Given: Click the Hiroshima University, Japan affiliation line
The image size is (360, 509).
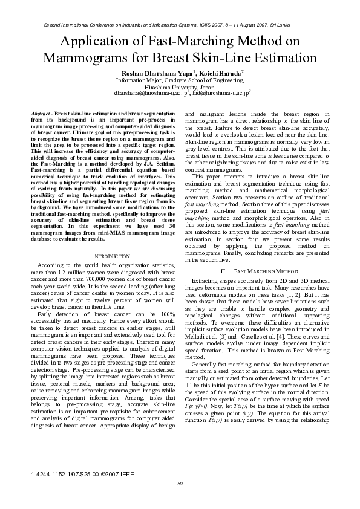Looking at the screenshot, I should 180,86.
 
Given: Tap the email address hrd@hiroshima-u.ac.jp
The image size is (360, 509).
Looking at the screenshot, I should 224,94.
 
